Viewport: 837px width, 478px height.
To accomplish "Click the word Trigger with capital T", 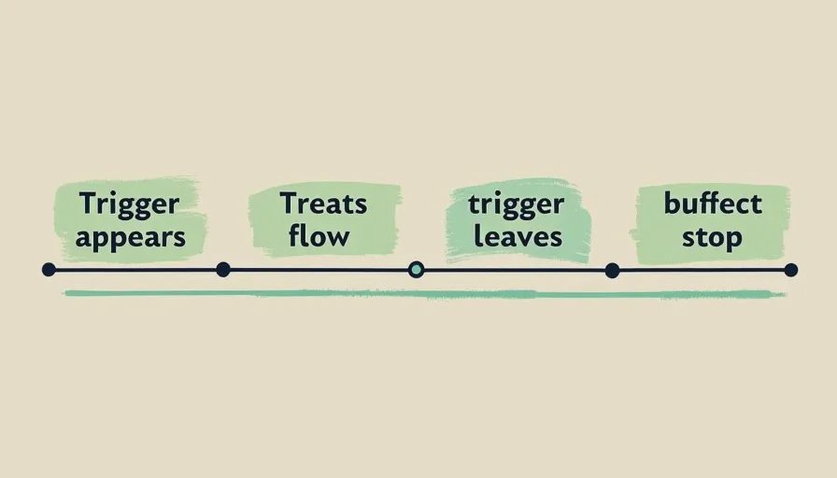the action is click(129, 204).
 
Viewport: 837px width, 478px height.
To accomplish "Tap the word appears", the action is click(130, 238).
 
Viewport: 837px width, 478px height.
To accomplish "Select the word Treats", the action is click(323, 204).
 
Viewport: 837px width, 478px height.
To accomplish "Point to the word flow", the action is click(319, 235).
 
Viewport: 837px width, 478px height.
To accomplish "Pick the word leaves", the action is click(518, 236).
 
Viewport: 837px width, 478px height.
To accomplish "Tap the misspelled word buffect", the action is click(713, 204).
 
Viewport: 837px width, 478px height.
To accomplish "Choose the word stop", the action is click(712, 238).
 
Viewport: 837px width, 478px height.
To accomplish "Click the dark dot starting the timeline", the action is click(49, 270).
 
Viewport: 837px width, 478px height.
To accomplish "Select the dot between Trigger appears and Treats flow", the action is click(223, 270).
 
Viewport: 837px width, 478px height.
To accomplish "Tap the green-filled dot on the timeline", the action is click(416, 270).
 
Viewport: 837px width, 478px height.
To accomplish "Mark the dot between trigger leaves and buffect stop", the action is click(612, 271).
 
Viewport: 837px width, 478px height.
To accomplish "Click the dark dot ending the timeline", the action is click(791, 270).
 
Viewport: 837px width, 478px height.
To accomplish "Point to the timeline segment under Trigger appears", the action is click(135, 270).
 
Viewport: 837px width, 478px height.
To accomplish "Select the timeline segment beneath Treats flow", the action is click(319, 270).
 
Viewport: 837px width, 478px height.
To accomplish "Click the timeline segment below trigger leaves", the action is click(514, 271).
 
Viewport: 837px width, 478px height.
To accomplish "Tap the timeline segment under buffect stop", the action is click(702, 271).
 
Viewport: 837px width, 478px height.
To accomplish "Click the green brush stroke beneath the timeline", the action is click(424, 294).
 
